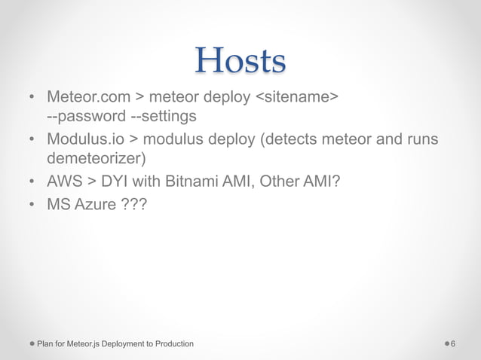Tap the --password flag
[84, 117]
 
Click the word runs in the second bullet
[421, 139]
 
